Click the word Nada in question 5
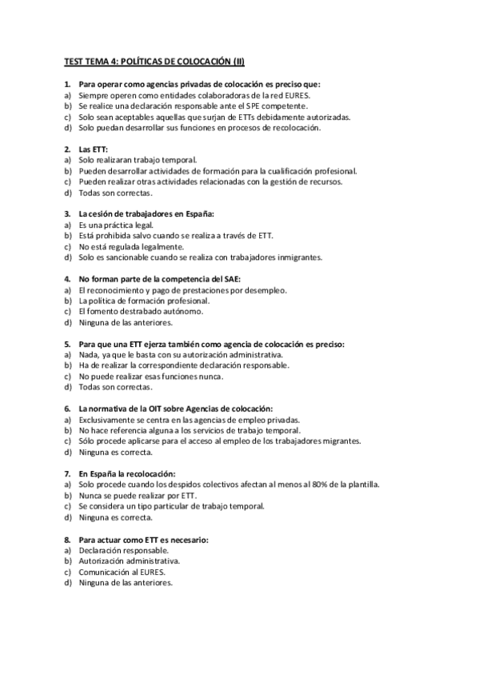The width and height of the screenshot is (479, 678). click(x=87, y=355)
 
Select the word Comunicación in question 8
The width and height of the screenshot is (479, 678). click(x=103, y=572)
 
